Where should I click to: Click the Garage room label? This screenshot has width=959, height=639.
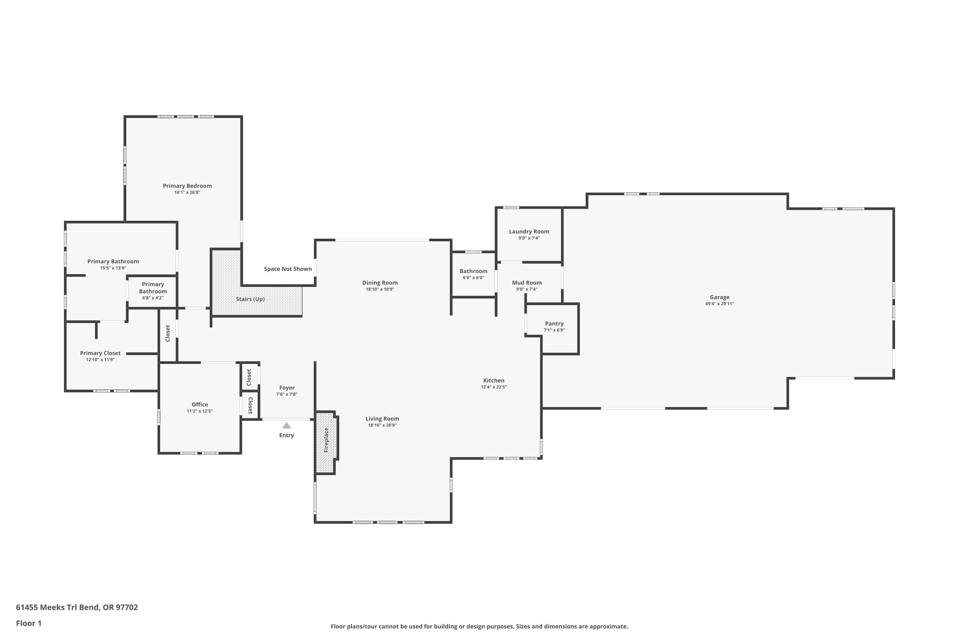point(719,297)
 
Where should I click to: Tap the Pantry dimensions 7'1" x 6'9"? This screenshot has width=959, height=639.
point(554,330)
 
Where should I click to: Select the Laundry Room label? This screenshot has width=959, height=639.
point(529,231)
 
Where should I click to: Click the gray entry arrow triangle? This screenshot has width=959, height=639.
point(287,426)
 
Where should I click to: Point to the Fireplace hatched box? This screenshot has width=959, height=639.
point(326,442)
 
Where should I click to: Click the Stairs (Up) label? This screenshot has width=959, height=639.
point(250,299)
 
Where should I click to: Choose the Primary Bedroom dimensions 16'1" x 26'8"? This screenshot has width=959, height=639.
point(187,192)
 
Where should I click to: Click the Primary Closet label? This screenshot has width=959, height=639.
point(100,353)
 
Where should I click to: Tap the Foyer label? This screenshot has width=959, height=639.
point(287,388)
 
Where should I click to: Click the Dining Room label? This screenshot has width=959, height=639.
point(380,282)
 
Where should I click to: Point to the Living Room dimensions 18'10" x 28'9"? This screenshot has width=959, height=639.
point(382,425)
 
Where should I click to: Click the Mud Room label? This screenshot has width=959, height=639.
point(527,282)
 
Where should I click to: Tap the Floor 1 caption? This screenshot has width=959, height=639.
point(28,623)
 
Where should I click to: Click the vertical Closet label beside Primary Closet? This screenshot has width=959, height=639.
point(168,333)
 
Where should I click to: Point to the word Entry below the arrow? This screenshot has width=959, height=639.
point(287,435)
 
